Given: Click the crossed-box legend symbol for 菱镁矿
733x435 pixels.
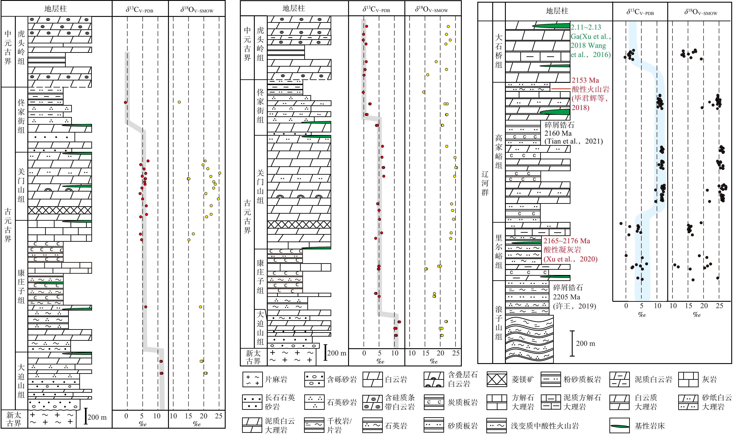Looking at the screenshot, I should click(497, 379).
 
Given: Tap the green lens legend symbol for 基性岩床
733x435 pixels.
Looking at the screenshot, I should click(619, 426).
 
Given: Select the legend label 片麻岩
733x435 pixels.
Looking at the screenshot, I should click(276, 380).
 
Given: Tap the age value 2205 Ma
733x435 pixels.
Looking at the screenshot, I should click(566, 297).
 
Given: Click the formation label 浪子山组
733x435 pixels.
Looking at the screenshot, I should click(499, 323).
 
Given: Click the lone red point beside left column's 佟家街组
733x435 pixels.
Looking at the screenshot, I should click(125, 102).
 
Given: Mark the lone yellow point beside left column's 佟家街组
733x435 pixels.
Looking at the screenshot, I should click(179, 102).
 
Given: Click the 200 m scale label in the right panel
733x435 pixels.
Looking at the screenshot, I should click(585, 343).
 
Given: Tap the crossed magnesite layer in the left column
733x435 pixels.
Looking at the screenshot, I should click(60, 210).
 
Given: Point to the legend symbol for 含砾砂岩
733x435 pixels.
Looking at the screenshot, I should click(314, 379).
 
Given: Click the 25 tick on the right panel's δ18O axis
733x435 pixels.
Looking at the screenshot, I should click(719, 306).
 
